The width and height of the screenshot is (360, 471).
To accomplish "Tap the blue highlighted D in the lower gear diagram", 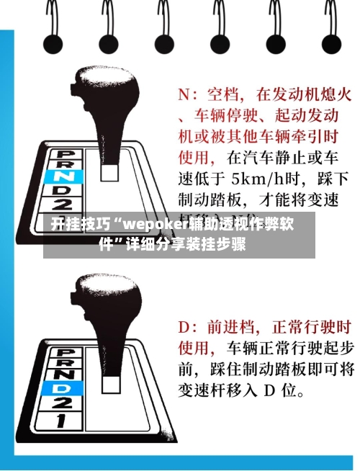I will (x=68, y=388).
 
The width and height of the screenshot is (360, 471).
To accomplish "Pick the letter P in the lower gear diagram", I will (x=69, y=350).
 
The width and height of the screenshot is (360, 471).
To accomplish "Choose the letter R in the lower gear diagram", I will (x=69, y=362).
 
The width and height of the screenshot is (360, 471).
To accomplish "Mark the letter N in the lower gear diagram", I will (x=69, y=374).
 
